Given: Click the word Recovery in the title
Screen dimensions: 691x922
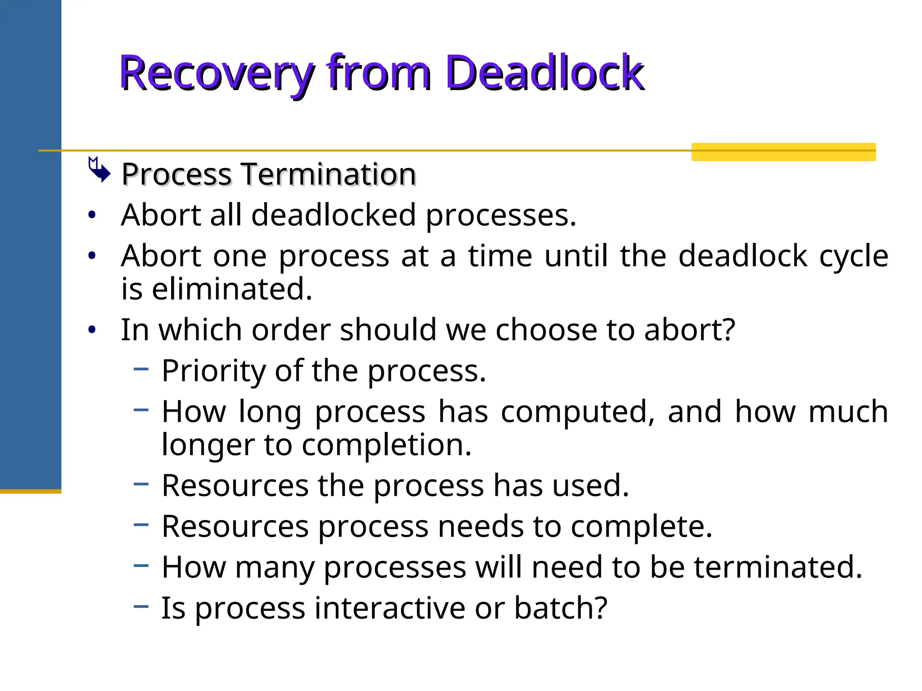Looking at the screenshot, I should click(x=216, y=73).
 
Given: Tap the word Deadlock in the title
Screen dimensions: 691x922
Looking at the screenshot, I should click(x=545, y=73).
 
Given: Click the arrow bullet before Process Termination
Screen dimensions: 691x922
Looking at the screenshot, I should click(x=99, y=170).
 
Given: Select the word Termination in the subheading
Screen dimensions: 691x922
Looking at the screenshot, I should click(x=329, y=174).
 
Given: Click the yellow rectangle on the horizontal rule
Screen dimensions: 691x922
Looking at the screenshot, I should click(x=783, y=152).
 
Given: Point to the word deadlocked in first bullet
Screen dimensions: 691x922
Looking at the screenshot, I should click(x=333, y=215).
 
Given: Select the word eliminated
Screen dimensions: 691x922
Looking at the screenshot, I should click(x=231, y=289).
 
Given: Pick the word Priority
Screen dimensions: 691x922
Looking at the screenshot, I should click(x=214, y=371).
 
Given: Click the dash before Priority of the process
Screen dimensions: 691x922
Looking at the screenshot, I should click(x=141, y=369).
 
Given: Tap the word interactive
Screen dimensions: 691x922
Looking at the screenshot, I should click(x=390, y=608).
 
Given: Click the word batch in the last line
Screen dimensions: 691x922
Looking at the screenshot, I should click(x=560, y=608).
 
